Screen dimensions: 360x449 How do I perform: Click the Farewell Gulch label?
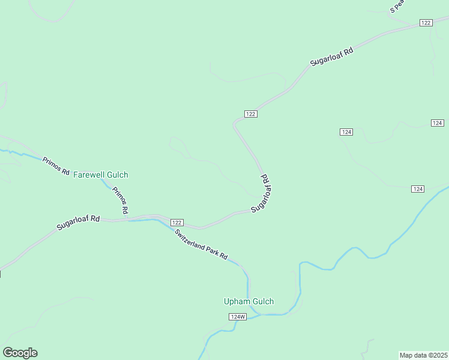100,175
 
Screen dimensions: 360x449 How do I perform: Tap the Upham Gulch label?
249,301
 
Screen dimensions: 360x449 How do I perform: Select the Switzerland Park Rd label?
201,244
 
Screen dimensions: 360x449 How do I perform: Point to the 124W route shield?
238,316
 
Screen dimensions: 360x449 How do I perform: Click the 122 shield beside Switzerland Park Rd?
176,222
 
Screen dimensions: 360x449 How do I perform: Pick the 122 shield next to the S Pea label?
426,22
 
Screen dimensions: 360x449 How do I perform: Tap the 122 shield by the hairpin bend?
251,114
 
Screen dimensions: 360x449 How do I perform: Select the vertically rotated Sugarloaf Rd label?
262,193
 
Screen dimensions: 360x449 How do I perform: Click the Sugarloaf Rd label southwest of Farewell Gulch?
78,223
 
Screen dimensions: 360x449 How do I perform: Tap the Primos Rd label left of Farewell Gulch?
56,166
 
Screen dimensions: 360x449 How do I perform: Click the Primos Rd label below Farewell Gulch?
119,200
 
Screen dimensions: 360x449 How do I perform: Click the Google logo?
20,353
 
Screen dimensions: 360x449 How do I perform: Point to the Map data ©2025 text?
424,355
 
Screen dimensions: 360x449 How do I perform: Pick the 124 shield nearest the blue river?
418,189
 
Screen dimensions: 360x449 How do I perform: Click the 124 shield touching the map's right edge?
437,123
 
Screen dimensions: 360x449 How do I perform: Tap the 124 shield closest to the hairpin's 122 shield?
346,131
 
